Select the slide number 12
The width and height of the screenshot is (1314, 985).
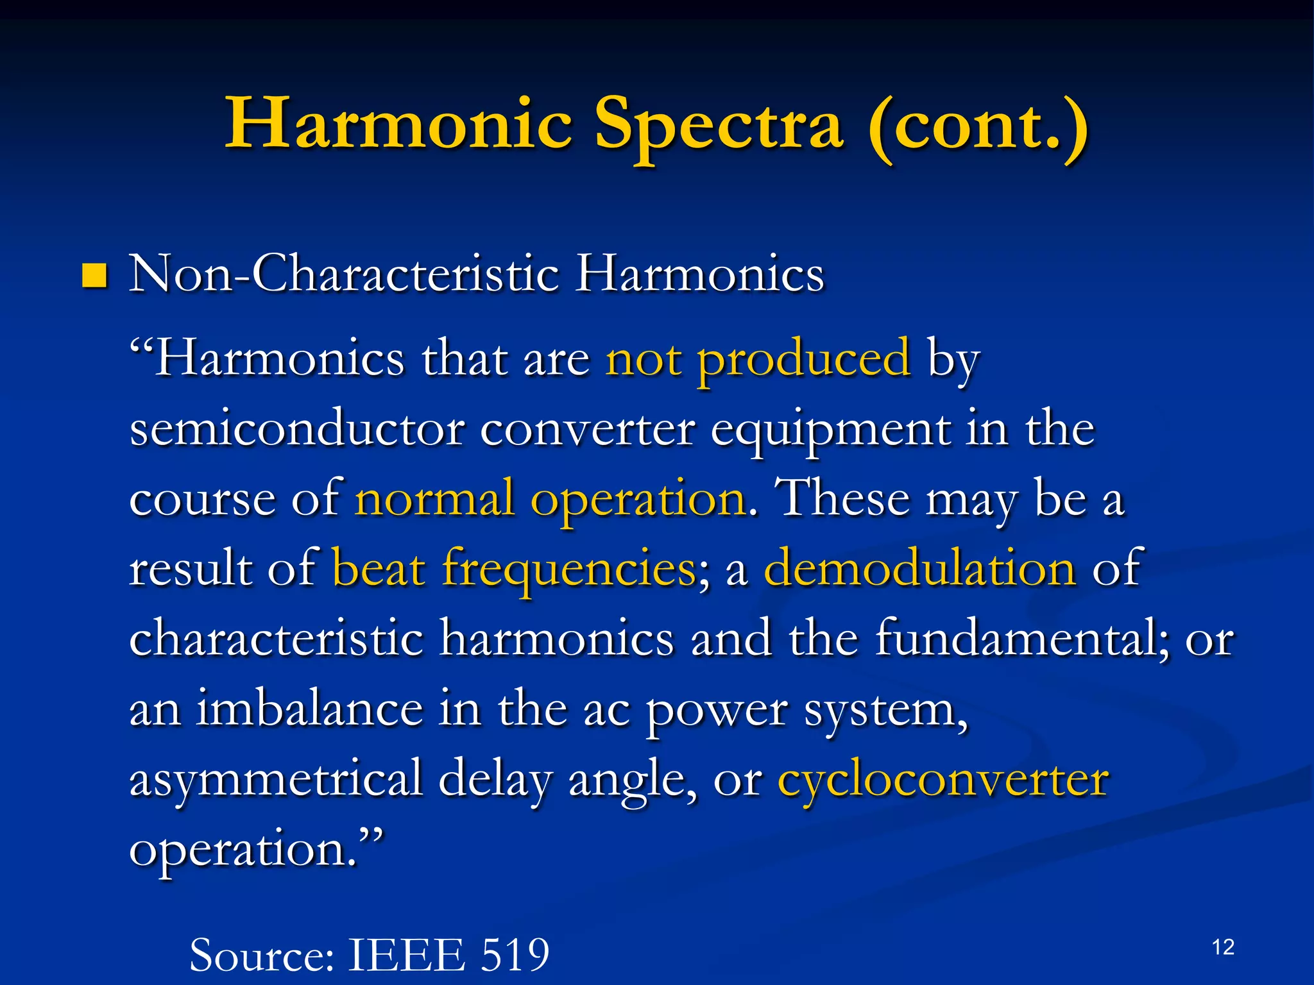pos(1223,947)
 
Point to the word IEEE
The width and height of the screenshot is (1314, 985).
pos(406,956)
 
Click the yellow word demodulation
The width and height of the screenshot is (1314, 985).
pos(919,568)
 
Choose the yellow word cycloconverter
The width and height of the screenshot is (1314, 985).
pos(943,780)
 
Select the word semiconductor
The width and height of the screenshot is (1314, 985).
pos(296,429)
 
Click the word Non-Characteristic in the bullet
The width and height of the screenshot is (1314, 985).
pos(344,274)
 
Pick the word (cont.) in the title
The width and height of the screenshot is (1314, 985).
pos(978,125)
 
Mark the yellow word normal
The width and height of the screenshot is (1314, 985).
pos(434,498)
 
